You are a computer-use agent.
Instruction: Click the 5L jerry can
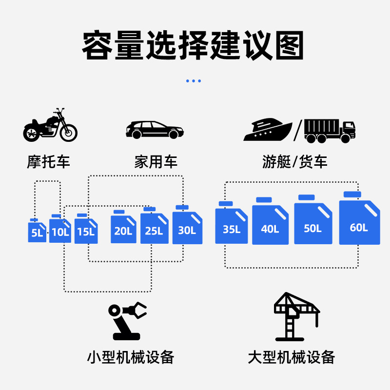click(x=37, y=232)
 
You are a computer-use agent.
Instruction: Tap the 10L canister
click(x=60, y=231)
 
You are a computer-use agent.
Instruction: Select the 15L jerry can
click(x=86, y=231)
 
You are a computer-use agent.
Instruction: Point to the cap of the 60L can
click(x=352, y=195)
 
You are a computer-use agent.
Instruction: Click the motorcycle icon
click(x=50, y=126)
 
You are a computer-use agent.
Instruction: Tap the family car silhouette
click(x=155, y=130)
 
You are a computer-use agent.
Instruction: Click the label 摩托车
click(x=49, y=162)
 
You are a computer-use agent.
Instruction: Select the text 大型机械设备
click(x=292, y=357)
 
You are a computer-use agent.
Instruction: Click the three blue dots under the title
click(x=194, y=81)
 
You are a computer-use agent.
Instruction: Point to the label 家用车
click(x=156, y=162)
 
